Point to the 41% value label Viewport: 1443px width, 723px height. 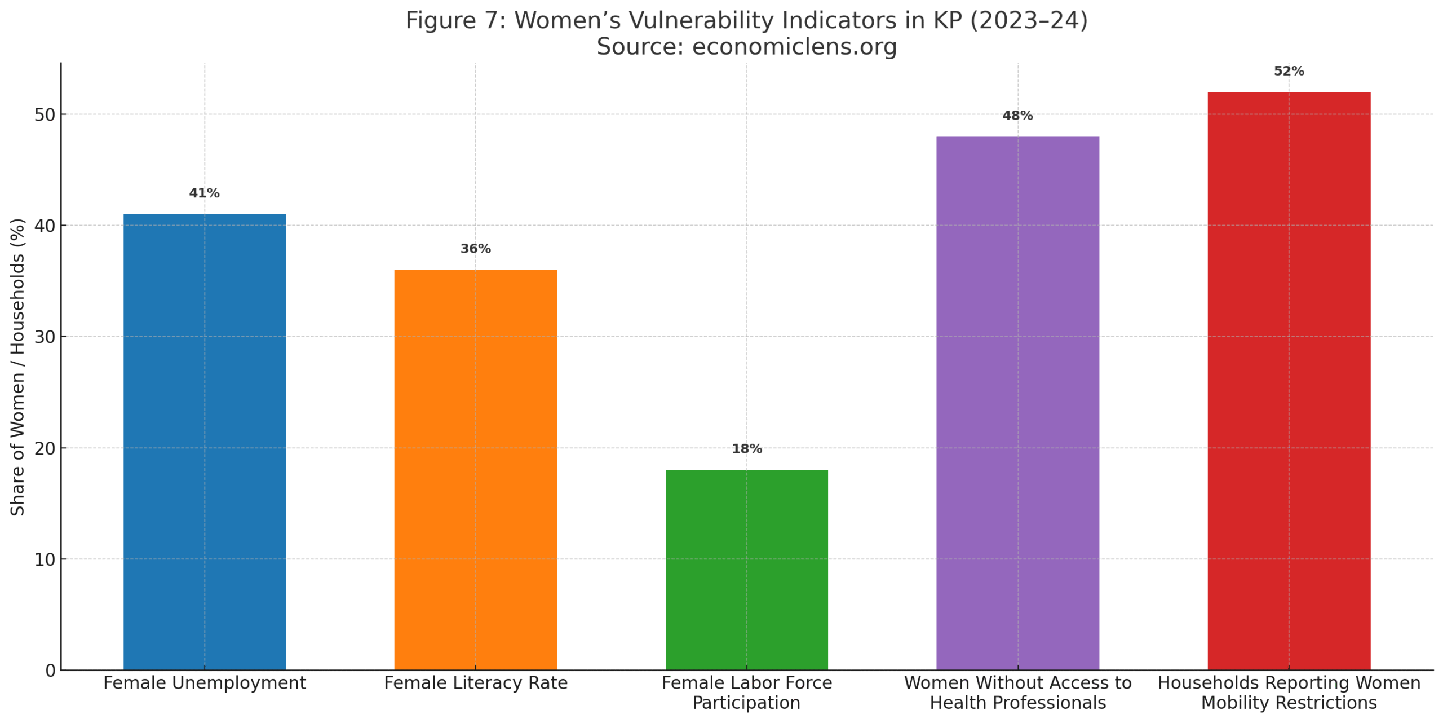204,193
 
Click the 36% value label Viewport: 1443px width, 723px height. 475,249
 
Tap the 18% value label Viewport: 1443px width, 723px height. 746,449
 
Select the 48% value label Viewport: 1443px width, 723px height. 1017,116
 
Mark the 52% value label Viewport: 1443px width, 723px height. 1289,72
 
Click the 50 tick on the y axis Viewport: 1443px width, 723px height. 45,115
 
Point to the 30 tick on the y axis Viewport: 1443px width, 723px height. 45,337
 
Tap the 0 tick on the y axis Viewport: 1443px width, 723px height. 51,671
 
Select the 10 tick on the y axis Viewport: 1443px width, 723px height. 45,559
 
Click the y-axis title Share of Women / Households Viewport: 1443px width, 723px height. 17,367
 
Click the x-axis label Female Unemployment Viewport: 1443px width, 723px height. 204,683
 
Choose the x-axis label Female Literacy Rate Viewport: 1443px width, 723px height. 475,683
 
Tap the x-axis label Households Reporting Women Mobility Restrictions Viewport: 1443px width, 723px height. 1289,693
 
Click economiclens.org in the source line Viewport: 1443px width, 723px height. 794,47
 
